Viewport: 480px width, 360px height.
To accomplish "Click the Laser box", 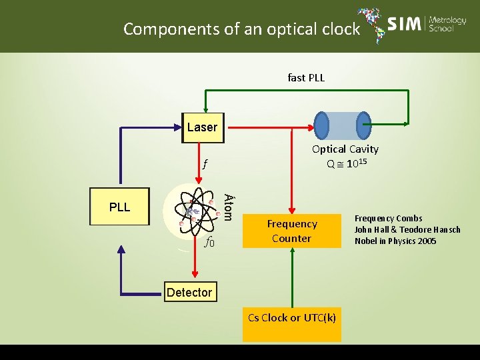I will [202, 127].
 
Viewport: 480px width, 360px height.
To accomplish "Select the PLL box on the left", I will [120, 207].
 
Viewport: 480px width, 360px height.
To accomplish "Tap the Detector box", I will [189, 292].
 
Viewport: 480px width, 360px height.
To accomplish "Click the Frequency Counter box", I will [291, 231].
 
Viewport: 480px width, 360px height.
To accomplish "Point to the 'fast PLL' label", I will [306, 78].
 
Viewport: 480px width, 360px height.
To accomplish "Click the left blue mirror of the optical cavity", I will [321, 126].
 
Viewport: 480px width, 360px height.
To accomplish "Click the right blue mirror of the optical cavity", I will [364, 126].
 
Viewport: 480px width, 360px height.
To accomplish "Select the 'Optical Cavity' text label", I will [345, 149].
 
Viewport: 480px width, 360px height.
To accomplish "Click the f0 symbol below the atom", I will [209, 243].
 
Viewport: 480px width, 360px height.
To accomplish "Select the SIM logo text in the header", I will [405, 25].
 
